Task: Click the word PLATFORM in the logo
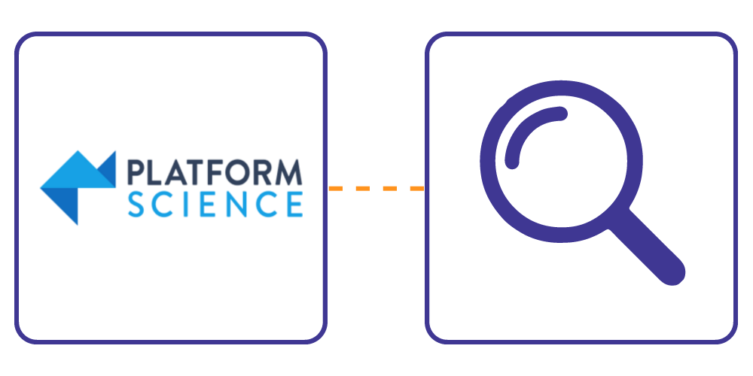(215, 173)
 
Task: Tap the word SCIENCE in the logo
(215, 205)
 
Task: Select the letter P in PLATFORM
(136, 173)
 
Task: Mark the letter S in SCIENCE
(136, 205)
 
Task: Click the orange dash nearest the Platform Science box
(335, 189)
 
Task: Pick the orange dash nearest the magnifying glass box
(417, 189)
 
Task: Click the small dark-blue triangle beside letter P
(107, 168)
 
